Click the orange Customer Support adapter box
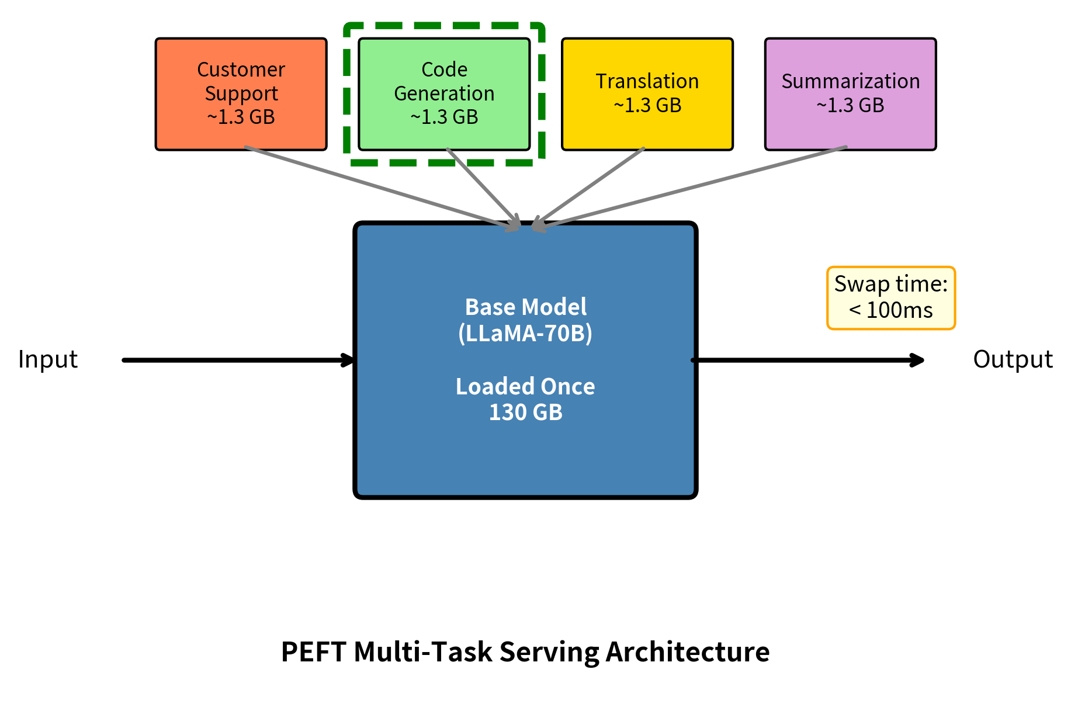tap(241, 94)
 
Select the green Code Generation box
tap(444, 94)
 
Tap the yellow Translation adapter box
tap(647, 94)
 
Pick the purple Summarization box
tap(850, 94)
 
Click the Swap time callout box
tap(890, 298)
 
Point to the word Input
tap(48, 359)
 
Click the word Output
tap(1013, 359)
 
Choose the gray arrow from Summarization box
tap(695, 186)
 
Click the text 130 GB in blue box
tap(525, 413)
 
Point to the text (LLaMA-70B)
tap(525, 333)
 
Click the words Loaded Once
tap(525, 387)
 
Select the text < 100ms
tap(890, 310)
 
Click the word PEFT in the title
tap(313, 652)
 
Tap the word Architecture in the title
tap(687, 652)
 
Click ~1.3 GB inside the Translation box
tap(647, 106)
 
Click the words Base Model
tap(525, 307)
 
